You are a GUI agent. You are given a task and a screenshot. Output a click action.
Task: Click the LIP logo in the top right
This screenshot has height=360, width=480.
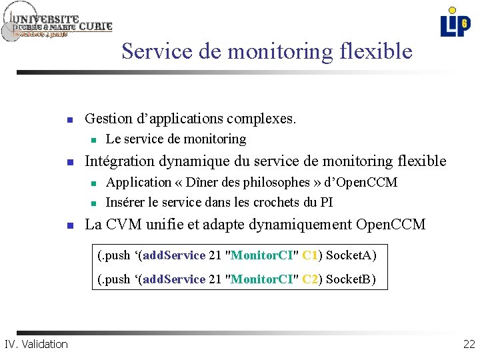[455, 22]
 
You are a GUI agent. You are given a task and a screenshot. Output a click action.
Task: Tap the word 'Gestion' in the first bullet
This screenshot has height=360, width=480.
[109, 119]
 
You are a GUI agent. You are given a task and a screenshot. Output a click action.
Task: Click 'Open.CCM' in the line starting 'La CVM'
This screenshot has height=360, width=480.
[391, 224]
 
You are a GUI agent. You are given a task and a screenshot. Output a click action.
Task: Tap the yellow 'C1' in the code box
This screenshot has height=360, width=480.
[310, 255]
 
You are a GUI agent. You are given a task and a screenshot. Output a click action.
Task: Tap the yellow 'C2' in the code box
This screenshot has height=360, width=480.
[310, 279]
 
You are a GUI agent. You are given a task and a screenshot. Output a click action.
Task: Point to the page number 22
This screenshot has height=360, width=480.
[468, 344]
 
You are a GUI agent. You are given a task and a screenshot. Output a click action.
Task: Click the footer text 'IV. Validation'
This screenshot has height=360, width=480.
[36, 344]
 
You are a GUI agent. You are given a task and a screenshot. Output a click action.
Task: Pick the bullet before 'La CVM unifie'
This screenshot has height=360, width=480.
[69, 225]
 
